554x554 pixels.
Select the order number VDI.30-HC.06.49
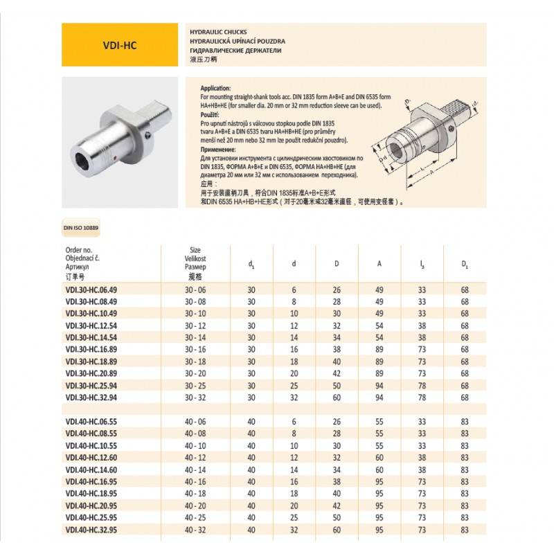click(91, 291)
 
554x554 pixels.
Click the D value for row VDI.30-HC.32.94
click(337, 397)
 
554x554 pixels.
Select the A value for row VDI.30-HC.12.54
click(379, 325)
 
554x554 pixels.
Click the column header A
click(379, 263)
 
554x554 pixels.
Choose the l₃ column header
click(422, 263)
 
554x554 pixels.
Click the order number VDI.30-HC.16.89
click(91, 350)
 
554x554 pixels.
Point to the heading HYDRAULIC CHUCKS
click(218, 33)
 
